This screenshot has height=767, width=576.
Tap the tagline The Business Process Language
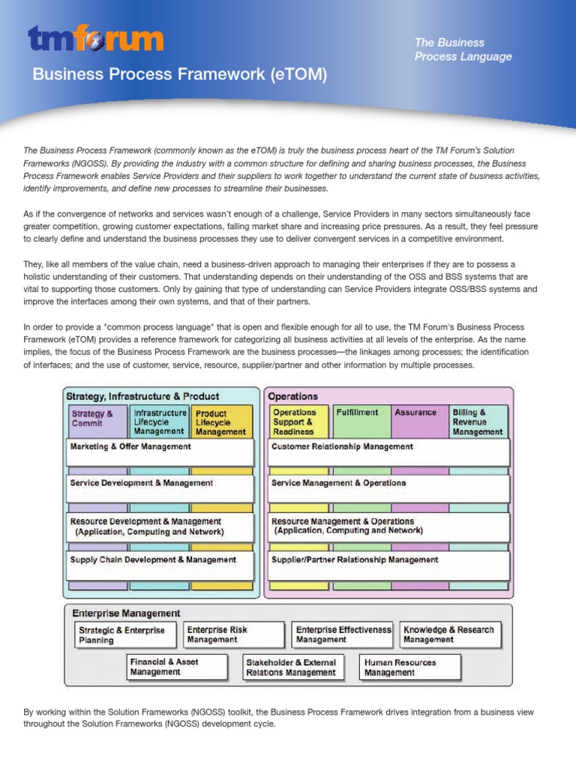(x=463, y=49)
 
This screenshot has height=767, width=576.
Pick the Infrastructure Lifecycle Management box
(x=159, y=421)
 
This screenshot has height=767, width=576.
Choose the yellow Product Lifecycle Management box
(x=221, y=422)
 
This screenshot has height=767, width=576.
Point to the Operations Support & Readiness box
(x=299, y=421)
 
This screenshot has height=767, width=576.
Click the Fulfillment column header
(x=358, y=413)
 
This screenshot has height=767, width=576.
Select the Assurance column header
(x=415, y=413)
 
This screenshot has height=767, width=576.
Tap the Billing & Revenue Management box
(x=478, y=421)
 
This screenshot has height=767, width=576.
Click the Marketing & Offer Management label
(x=130, y=446)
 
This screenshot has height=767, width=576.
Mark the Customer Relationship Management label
(x=342, y=446)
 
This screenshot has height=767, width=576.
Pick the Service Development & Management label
(x=142, y=483)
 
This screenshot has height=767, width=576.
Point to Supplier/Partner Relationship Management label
(x=355, y=560)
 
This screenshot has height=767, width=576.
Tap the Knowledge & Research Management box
(x=450, y=634)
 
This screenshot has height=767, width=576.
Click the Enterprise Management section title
(x=126, y=613)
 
